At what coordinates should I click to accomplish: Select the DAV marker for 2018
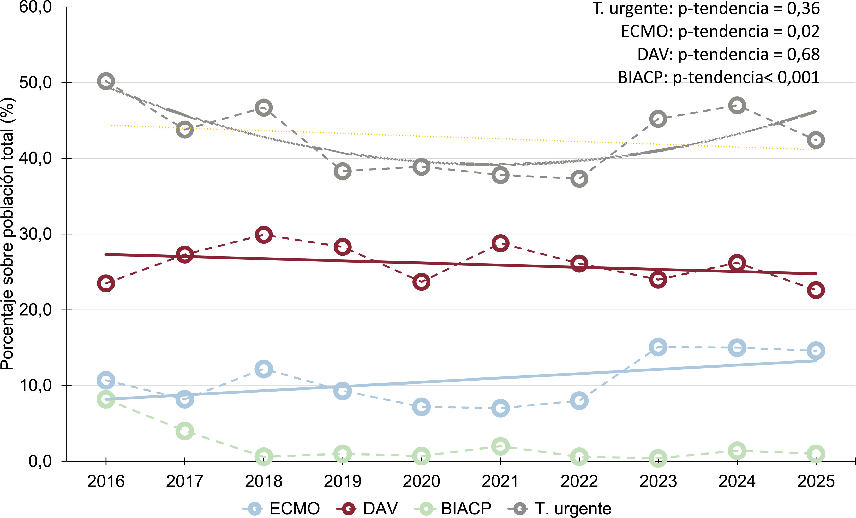(x=264, y=235)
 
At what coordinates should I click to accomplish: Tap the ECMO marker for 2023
(x=658, y=347)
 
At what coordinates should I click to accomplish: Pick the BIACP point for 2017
(x=185, y=431)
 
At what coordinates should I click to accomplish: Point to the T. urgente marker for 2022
(x=579, y=179)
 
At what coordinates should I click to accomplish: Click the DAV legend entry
(x=367, y=509)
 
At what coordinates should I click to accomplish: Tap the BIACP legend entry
(x=453, y=509)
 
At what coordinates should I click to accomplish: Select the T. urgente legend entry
(x=560, y=509)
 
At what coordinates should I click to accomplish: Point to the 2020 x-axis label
(x=421, y=481)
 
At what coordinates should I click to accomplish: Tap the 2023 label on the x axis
(x=658, y=481)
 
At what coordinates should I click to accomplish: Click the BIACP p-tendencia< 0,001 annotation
(x=719, y=77)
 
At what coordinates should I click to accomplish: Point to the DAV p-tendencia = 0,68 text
(x=728, y=54)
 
